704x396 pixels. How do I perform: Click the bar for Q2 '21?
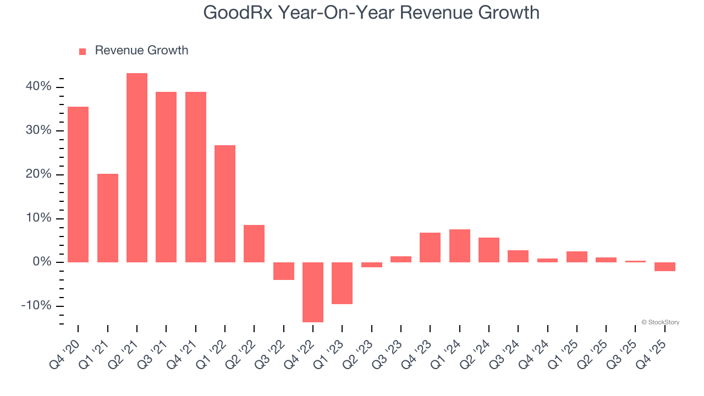point(137,168)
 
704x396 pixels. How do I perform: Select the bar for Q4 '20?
point(78,184)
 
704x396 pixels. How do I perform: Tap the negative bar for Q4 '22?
point(313,292)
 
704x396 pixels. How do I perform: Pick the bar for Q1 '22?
point(225,204)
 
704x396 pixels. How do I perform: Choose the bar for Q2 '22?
point(254,244)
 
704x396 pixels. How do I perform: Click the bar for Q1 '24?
point(460,246)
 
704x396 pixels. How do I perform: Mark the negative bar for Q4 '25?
point(665,267)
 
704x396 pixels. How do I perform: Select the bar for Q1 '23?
point(342,283)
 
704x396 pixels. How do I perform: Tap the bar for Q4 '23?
point(430,248)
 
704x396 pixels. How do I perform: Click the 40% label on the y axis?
point(38,87)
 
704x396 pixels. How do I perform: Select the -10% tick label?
point(36,306)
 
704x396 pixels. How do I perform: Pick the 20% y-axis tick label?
point(38,175)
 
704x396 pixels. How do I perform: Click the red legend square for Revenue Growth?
point(82,51)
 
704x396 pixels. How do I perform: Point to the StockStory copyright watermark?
point(660,322)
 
